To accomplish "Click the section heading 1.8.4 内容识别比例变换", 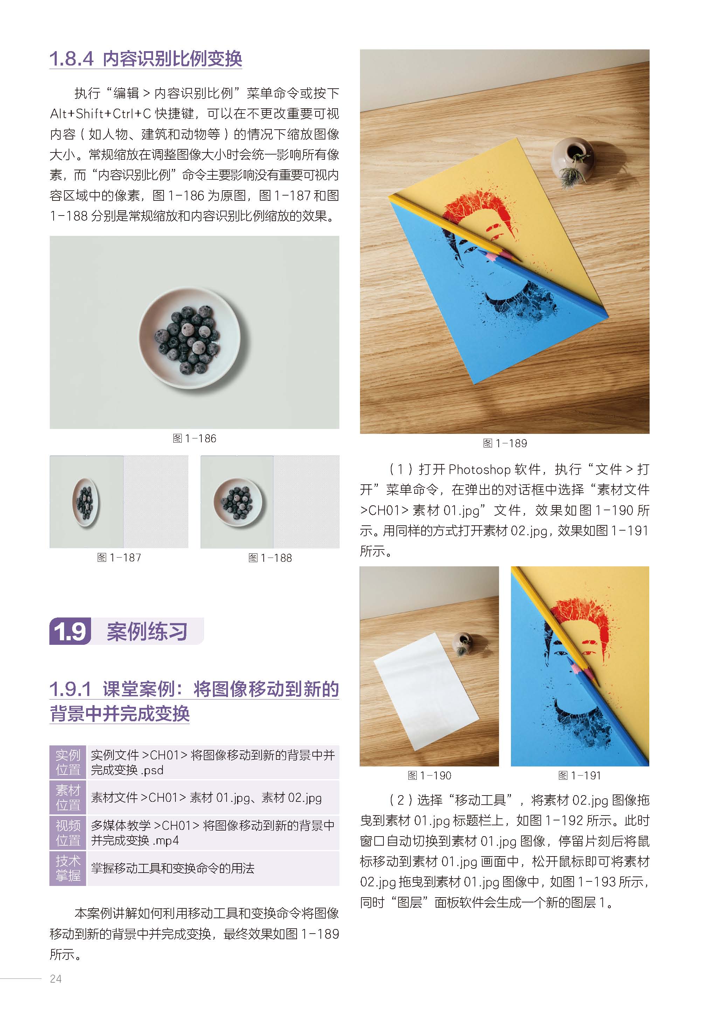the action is pos(146,59).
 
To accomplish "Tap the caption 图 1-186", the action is pos(194,438).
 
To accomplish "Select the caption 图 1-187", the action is pos(119,558).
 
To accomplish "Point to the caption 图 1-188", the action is pos(270,558).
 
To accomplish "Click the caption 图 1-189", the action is pos(505,443).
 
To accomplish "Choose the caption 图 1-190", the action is pos(429,775).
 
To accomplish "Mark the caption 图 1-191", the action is pos(580,775).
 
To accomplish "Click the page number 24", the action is pos(56,979).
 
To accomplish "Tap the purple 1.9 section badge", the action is pos(70,631).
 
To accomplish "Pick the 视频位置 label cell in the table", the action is pos(68,833).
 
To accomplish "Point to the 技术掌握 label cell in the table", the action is pos(68,868).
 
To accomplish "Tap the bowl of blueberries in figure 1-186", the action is pos(190,338).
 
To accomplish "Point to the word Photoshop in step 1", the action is pos(480,469).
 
